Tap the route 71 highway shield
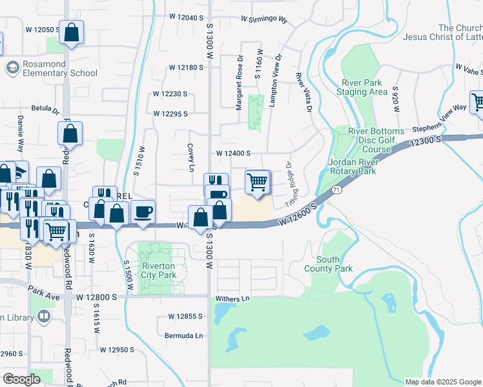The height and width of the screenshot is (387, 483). [x=337, y=190]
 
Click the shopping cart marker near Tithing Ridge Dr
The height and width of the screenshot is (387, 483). [x=258, y=183]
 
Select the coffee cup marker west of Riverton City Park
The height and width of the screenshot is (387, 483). [x=143, y=212]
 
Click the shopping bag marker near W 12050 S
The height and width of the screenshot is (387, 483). [x=71, y=32]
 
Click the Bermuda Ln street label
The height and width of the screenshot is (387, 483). [x=183, y=336]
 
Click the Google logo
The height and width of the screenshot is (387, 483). [x=21, y=379]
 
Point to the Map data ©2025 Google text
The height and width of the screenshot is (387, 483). [x=442, y=382]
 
